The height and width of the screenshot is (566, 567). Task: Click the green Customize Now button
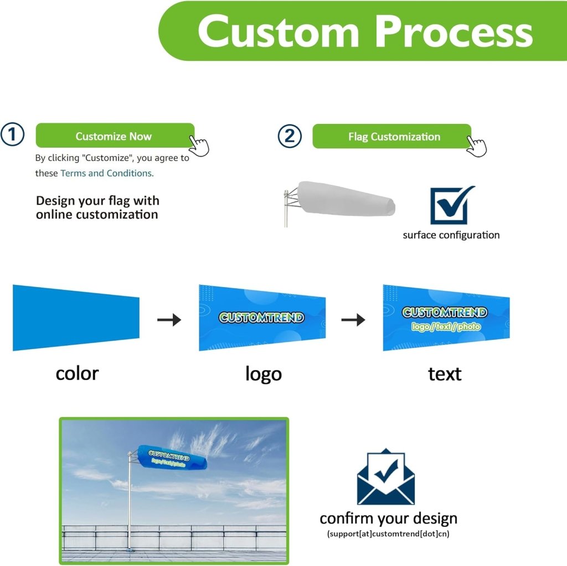pos(114,136)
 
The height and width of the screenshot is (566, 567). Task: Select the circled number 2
pos(290,136)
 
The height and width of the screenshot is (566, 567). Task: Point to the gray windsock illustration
pos(343,199)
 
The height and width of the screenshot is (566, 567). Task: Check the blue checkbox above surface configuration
pos(450,205)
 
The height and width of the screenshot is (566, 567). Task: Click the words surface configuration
pos(451,235)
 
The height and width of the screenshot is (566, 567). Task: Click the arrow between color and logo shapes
pos(169,319)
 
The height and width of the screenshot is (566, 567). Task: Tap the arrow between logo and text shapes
pos(353,319)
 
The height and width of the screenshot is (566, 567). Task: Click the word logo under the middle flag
pos(263,374)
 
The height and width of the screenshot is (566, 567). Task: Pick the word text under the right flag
pos(445,374)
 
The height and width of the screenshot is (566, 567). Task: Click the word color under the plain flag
pos(77,373)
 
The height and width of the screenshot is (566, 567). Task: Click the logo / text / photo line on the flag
pos(446,327)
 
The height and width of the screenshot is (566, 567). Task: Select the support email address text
pos(388,534)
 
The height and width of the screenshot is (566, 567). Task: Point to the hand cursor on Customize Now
pos(199,146)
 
